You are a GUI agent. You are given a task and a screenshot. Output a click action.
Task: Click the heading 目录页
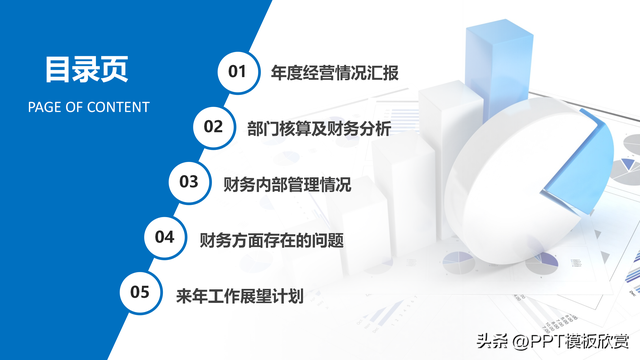(86, 70)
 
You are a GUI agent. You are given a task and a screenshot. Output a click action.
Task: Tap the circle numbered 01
(237, 71)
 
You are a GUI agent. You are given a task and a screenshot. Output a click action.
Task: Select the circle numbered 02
(213, 126)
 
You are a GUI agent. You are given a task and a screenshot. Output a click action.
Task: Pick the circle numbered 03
(189, 181)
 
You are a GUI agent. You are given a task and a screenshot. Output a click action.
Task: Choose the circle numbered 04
(165, 237)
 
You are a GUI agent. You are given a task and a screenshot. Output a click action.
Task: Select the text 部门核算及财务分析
(317, 127)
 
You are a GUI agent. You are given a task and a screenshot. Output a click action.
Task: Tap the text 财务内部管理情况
(287, 183)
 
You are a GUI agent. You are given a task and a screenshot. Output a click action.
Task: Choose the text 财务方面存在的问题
(271, 239)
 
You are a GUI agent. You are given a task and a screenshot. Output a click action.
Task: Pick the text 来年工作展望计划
(239, 295)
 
